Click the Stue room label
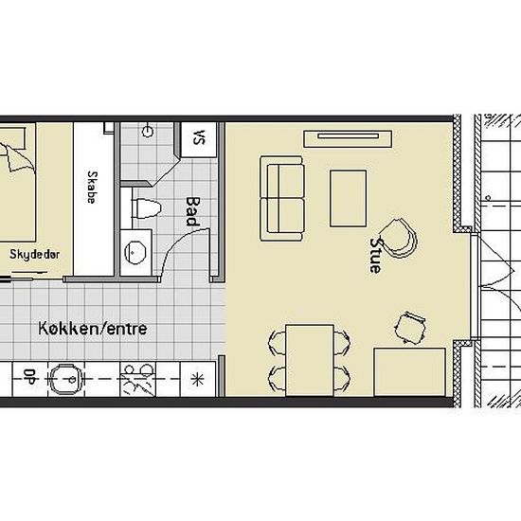(x=375, y=255)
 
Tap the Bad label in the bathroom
(x=192, y=211)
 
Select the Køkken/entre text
(x=93, y=329)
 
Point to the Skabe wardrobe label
(x=93, y=187)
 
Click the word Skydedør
(x=35, y=255)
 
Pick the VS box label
(x=198, y=137)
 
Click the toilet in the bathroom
(x=146, y=209)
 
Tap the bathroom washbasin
(x=135, y=252)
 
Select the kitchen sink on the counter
(x=66, y=379)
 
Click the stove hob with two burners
(x=138, y=379)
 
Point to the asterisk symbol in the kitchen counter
(x=198, y=379)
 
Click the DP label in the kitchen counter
(x=30, y=377)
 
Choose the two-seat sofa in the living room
(x=281, y=198)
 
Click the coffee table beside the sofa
(x=349, y=199)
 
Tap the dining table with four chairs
(x=310, y=361)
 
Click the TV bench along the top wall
(x=348, y=139)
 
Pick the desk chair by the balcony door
(x=409, y=328)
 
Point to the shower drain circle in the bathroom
(x=148, y=132)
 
